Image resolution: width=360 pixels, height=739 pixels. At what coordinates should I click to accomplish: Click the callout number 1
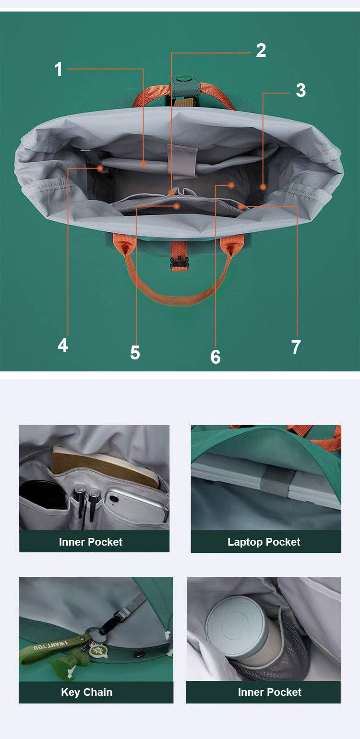59,69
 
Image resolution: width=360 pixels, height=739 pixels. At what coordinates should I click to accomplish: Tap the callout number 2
261,50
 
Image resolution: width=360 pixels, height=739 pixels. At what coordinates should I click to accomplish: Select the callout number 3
300,90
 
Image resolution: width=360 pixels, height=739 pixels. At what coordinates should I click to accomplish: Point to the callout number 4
63,345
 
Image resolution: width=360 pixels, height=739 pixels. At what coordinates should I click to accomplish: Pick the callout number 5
135,352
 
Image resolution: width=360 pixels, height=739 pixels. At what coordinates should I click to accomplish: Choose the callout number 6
216,357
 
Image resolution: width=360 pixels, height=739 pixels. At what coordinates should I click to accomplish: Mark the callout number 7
296,347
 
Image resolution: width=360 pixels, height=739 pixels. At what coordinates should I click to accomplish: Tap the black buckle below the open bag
179,262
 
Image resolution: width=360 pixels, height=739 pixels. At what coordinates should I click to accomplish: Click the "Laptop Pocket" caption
264,542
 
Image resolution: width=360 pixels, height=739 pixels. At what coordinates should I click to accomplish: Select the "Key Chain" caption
86,692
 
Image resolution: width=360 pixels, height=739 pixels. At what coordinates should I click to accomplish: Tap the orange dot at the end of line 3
263,187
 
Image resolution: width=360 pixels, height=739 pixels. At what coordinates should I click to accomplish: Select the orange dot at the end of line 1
143,164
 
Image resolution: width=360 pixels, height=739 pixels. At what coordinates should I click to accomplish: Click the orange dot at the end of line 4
100,168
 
